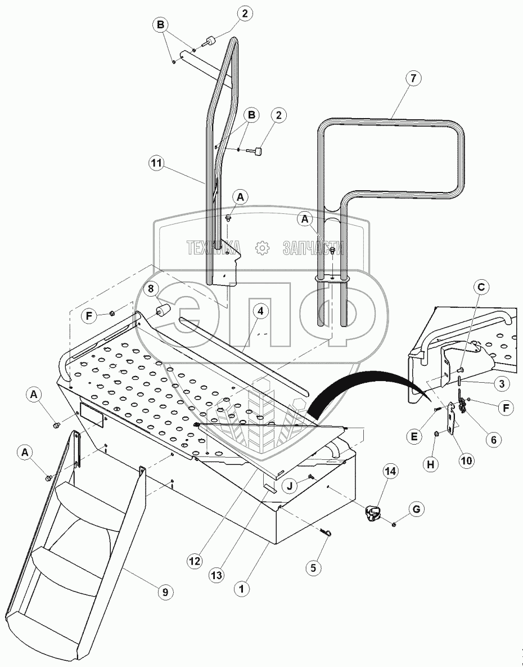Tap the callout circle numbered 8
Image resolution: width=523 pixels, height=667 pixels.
coord(151,290)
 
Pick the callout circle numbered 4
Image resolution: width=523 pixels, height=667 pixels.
coord(260,310)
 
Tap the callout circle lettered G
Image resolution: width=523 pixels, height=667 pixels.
coord(417,510)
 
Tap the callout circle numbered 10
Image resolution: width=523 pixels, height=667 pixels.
coord(466,460)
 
